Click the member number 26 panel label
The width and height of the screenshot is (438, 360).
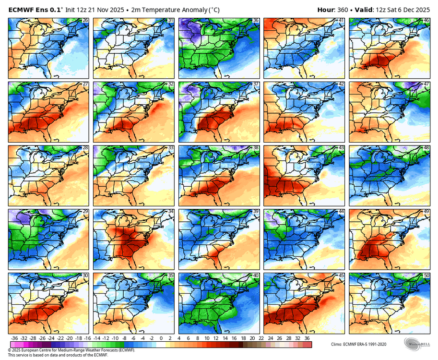pyautogui.click(x=85, y=20)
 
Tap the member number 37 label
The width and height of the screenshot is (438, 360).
pyautogui.click(x=256, y=84)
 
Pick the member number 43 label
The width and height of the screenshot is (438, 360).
pyautogui.click(x=341, y=148)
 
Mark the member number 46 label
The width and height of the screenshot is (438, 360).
pyautogui.click(x=426, y=20)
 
